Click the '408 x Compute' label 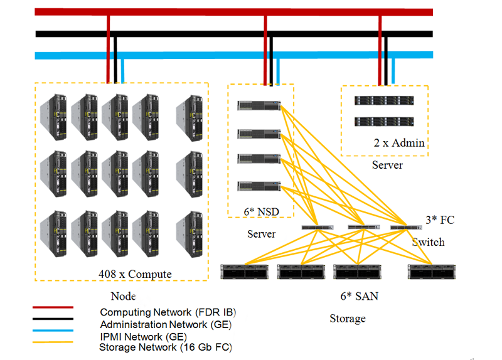135,274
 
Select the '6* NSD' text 260,212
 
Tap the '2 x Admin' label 399,143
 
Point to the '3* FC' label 439,220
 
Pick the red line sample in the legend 53,307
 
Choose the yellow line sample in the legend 53,342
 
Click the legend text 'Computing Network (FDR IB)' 168,312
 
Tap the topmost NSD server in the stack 259,105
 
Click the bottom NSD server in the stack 259,186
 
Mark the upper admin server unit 384,100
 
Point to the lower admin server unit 384,121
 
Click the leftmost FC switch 317,227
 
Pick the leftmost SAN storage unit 245,272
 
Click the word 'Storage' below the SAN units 348,319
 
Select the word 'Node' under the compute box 123,296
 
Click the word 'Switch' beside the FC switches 428,242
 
